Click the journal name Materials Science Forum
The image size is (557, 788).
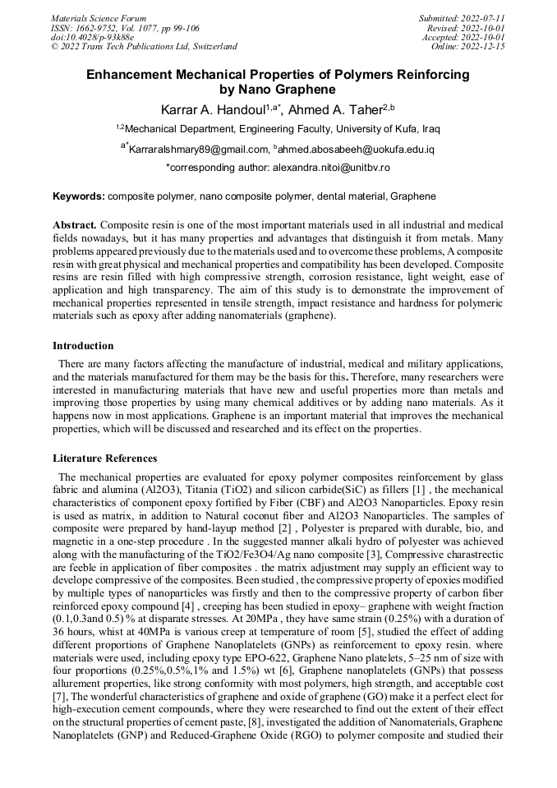[99, 17]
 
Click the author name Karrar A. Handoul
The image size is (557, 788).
[210, 108]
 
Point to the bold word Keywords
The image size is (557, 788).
[79, 197]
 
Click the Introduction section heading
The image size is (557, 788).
[83, 346]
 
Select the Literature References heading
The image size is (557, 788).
[105, 458]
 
